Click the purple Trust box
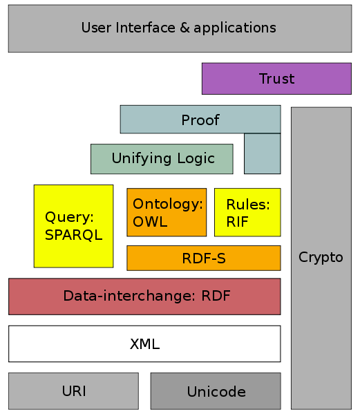[x=276, y=78]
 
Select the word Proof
[x=200, y=120]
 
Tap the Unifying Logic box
[x=162, y=159]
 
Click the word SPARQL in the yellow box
[x=74, y=235]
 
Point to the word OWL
[x=150, y=222]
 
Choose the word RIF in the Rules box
[x=237, y=222]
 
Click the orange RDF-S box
[x=204, y=258]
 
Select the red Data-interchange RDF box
[x=144, y=297]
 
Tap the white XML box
[x=144, y=344]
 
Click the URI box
[x=74, y=391]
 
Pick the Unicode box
[x=216, y=391]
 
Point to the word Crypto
[x=321, y=257]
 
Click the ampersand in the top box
[x=184, y=28]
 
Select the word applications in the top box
[x=235, y=28]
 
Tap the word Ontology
[x=168, y=205]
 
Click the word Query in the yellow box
[x=69, y=218]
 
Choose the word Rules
[x=248, y=205]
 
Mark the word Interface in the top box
[x=145, y=28]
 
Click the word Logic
[x=196, y=159]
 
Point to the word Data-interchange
[x=129, y=296]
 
